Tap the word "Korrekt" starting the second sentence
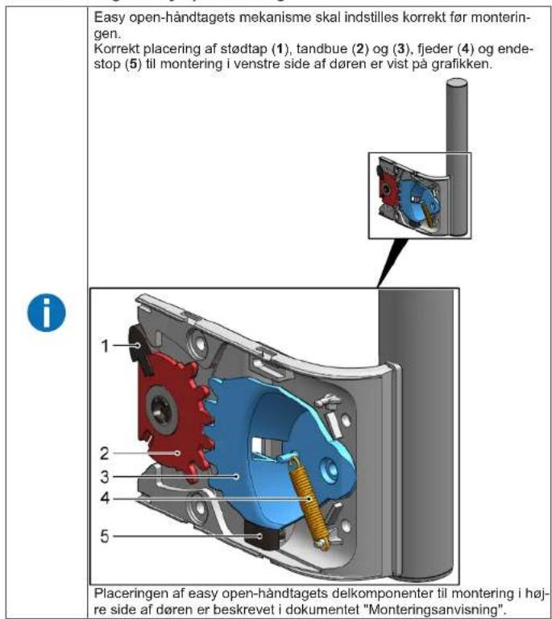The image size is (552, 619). point(114,51)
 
